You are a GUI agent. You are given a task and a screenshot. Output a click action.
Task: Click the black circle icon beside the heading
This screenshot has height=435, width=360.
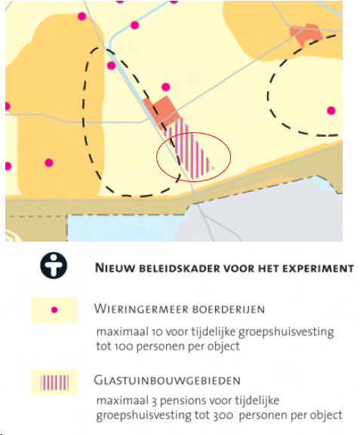click(54, 266)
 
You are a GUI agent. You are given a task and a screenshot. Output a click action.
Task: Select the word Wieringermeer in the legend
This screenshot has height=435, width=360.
click(141, 309)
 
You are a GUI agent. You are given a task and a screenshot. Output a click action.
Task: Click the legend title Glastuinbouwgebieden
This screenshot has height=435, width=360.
click(167, 380)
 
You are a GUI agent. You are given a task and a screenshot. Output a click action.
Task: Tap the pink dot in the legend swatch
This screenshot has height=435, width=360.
click(54, 310)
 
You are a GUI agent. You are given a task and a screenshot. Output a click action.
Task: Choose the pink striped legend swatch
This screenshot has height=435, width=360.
click(54, 383)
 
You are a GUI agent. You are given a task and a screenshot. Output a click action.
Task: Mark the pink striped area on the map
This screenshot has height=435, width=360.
click(189, 150)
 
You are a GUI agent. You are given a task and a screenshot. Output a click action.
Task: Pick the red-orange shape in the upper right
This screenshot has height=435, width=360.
click(306, 35)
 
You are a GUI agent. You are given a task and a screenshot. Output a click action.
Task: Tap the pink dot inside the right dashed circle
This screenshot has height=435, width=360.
click(331, 111)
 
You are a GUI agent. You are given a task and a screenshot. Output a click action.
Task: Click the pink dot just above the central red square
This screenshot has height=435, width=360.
click(166, 87)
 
